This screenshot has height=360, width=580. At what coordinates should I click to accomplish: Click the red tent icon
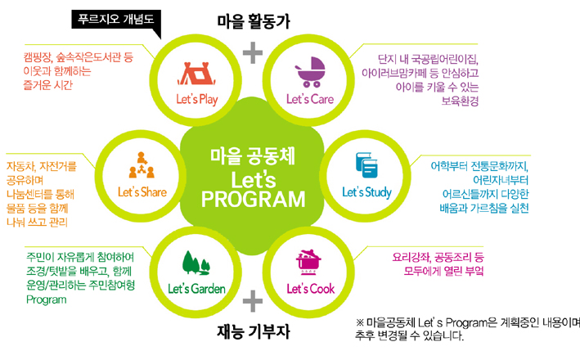point(196,74)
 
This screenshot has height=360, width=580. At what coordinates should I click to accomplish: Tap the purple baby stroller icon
point(310,72)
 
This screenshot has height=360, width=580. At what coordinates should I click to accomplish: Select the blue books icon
point(366,165)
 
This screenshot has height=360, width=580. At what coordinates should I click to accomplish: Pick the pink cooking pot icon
point(308,262)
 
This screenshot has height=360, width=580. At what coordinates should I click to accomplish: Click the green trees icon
point(196,263)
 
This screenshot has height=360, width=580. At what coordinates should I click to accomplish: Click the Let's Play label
point(197,100)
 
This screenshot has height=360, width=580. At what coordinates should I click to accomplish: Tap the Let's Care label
point(310,99)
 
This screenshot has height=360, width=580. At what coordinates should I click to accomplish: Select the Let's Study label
point(366,192)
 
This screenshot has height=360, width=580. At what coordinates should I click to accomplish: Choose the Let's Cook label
point(310,289)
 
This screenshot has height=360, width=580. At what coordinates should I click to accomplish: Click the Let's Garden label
point(196,289)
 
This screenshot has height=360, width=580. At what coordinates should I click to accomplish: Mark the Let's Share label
point(142,192)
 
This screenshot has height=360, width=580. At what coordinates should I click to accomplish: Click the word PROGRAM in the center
point(253,200)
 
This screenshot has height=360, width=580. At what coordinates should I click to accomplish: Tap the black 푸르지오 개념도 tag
point(116,20)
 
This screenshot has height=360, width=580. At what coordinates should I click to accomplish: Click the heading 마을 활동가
point(254,21)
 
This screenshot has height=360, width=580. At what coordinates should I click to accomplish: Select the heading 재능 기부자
point(254,331)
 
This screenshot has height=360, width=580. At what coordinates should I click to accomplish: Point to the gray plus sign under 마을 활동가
point(253,52)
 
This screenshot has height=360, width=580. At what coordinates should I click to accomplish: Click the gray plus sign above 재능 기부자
point(253,301)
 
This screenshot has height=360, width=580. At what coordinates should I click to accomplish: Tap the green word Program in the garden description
point(47,299)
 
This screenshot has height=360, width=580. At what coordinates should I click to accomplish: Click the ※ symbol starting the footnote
point(360,322)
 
